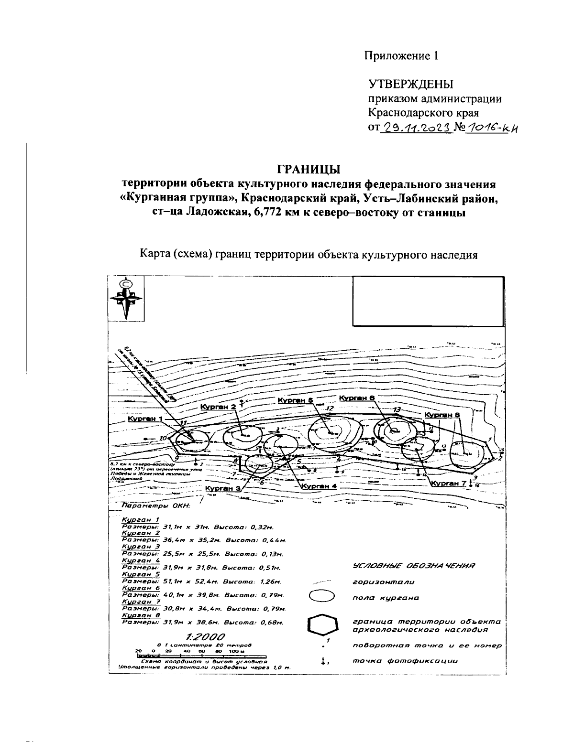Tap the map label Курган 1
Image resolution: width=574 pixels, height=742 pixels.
click(145, 419)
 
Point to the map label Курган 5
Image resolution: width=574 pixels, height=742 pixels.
click(295, 400)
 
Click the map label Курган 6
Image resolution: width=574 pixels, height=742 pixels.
click(356, 398)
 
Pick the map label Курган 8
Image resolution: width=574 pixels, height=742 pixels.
click(442, 415)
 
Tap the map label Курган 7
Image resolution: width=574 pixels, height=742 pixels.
click(448, 483)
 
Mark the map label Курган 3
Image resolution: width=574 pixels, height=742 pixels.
click(222, 488)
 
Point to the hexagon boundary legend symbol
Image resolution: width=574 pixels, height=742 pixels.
click(322, 626)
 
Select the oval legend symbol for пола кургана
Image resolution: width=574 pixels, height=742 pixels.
click(322, 597)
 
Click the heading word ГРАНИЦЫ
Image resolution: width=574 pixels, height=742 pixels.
click(309, 170)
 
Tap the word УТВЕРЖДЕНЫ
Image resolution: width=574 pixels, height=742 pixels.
click(410, 85)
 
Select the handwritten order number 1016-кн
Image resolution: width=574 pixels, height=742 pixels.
click(492, 128)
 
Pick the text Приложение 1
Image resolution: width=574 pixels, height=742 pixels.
click(401, 56)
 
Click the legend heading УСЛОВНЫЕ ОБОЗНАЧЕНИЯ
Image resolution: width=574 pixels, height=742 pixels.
click(413, 567)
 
